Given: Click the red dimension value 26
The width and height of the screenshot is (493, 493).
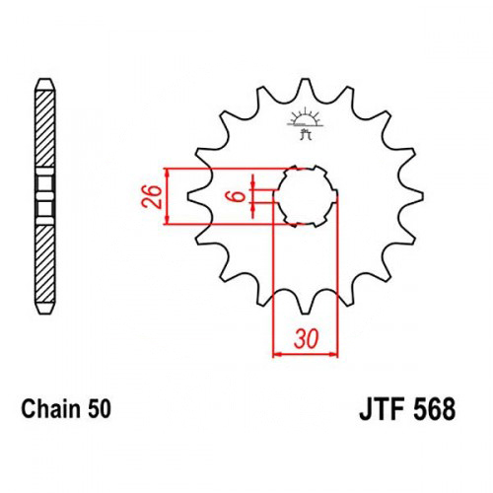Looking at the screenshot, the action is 152,196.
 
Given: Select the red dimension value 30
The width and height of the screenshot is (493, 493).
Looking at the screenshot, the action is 307,339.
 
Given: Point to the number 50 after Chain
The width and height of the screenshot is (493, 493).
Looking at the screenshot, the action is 100,409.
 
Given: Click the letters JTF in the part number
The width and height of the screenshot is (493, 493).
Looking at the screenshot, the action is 382,409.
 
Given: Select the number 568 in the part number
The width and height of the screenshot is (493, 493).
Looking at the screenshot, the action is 434,409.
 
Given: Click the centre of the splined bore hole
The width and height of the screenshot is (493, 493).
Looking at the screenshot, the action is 306,196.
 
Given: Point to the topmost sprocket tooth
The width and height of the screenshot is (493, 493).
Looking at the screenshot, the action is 306,86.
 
